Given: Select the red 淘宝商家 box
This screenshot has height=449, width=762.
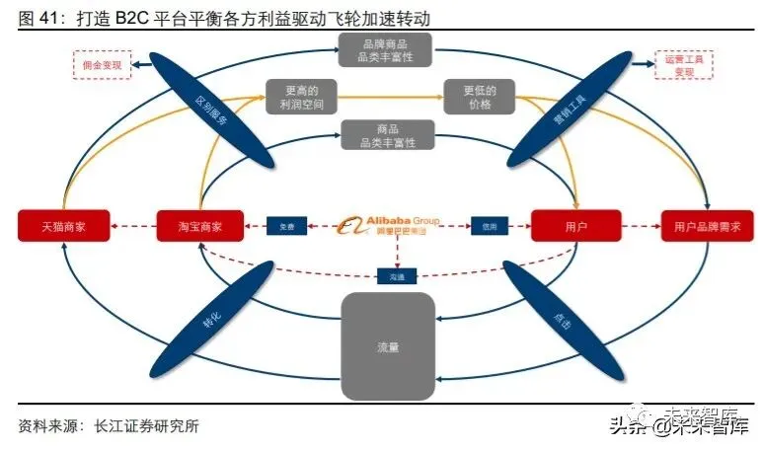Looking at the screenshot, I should point(200,226).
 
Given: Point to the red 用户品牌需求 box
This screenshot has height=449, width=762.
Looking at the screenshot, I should point(707,226).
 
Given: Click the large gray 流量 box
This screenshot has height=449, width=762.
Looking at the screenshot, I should point(388,346).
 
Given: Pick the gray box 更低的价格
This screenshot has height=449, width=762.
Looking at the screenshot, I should point(479,97).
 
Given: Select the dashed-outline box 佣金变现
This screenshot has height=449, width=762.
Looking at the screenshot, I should point(102,65).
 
